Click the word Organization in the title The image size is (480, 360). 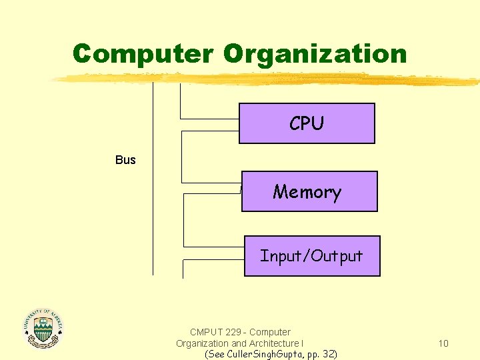pos(315,53)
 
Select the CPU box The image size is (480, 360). pos(307,123)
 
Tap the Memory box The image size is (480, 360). pos(309,191)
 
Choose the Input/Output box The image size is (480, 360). pos(312,256)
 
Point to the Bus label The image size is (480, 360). pos(125,160)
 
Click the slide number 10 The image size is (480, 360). pos(443,343)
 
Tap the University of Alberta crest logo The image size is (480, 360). pos(43,328)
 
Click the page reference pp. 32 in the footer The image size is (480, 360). pos(321,354)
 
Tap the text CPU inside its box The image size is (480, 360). pos(307,123)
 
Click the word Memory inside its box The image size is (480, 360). pos(307,192)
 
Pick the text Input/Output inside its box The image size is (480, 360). pos(311,256)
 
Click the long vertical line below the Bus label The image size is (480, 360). pos(153,220)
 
